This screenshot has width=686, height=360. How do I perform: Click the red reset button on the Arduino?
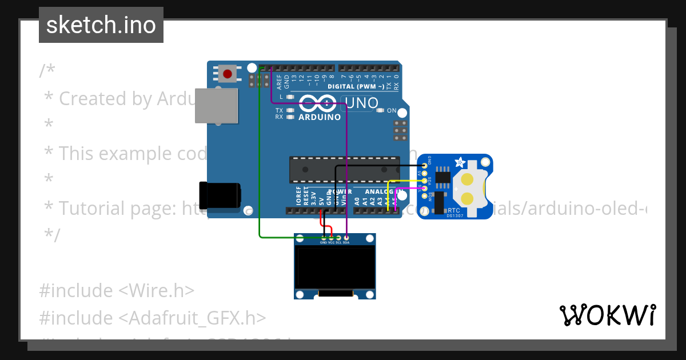228,74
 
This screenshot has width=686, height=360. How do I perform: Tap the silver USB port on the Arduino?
216,106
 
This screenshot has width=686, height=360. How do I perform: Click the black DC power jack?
219,194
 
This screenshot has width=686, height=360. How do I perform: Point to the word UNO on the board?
362,103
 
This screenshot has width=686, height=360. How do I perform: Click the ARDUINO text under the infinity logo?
320,117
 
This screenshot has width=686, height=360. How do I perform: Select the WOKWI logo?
608,315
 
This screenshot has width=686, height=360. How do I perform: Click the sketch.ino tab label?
101,25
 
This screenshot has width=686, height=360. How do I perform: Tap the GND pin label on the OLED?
324,242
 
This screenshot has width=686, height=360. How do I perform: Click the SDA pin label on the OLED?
346,242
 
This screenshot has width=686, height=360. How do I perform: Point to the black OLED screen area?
334,267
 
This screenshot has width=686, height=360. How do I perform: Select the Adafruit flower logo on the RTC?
460,163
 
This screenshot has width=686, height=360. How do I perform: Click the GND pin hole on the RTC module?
424,166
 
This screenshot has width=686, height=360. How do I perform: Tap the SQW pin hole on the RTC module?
424,195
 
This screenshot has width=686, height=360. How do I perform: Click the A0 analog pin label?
358,201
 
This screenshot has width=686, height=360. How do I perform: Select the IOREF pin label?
298,196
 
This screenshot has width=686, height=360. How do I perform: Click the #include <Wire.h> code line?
117,290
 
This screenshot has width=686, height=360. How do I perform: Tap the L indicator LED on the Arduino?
290,97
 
